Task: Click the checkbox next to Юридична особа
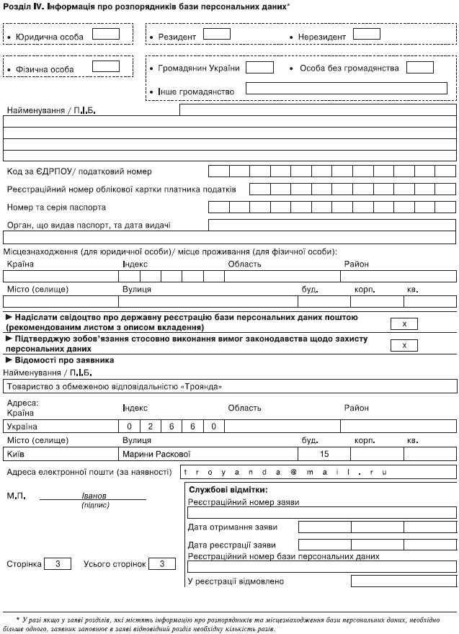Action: click(106, 34)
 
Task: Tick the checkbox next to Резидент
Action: click(217, 34)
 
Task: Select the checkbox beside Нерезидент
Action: click(366, 34)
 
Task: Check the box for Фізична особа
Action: click(106, 66)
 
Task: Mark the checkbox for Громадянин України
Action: click(260, 67)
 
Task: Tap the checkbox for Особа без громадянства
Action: click(419, 67)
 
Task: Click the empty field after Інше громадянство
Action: click(346, 89)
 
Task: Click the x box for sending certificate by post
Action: click(404, 323)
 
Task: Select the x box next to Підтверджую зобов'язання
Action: click(404, 345)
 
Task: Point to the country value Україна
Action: click(22, 426)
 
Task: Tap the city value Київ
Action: click(15, 454)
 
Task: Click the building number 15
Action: click(324, 454)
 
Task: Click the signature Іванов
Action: click(94, 496)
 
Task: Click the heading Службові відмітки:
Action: click(218, 490)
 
